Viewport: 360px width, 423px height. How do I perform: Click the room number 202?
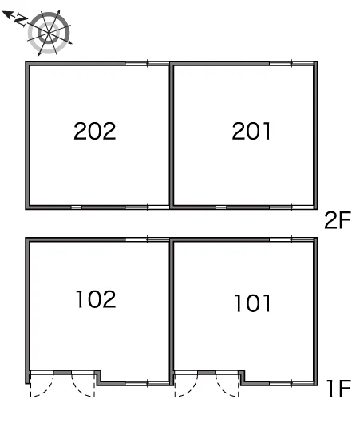95,131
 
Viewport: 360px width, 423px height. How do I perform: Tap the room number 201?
251,131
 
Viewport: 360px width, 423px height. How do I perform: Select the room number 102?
96,299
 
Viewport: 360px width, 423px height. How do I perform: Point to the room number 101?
252,303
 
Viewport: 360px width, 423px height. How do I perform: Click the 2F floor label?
338,220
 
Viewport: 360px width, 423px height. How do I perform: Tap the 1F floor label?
338,388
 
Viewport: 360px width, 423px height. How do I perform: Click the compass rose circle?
49,34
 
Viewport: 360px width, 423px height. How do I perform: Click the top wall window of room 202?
148,64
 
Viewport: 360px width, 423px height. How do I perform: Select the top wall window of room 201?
291,64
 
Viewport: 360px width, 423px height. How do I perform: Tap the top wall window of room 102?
148,239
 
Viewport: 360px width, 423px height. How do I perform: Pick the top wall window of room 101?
291,239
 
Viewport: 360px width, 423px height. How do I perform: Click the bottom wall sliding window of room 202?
148,208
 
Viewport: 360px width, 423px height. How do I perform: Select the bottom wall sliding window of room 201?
291,208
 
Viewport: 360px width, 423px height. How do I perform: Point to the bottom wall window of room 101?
291,383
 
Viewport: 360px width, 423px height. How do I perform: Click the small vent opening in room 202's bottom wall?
76,208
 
